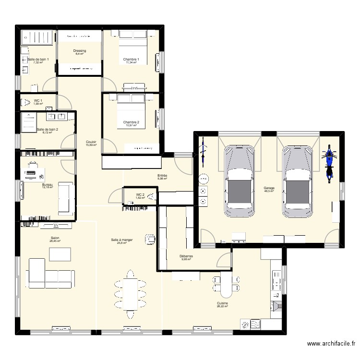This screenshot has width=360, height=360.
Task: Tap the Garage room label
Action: [x=269, y=188]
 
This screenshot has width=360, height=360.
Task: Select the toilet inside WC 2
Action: [x=152, y=195]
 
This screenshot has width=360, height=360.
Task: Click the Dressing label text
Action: [x=80, y=50]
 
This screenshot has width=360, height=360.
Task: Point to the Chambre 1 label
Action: [x=131, y=59]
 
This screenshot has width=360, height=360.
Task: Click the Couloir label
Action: [x=91, y=142]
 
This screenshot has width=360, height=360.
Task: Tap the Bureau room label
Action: [x=47, y=184]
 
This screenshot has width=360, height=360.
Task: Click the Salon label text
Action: [x=55, y=238]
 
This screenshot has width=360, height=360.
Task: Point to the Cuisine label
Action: [x=222, y=303]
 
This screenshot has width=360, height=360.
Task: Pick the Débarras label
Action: [x=187, y=256]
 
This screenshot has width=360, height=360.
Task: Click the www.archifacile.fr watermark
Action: [x=331, y=344]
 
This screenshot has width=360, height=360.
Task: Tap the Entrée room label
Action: [x=162, y=176]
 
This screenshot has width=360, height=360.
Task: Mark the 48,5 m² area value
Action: [x=269, y=192]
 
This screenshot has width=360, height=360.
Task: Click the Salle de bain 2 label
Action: [x=47, y=129]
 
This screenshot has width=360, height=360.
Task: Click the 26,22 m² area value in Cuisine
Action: [x=222, y=307]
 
